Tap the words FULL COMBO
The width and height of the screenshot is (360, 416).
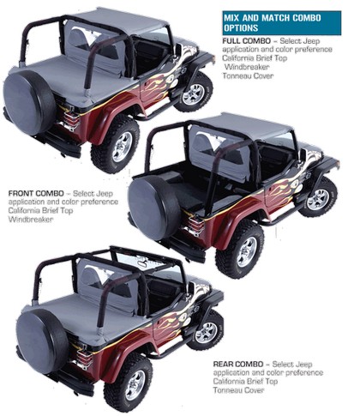pos(246,40)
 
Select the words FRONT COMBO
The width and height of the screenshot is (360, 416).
pos(36,193)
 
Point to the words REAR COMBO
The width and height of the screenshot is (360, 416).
pos(238,364)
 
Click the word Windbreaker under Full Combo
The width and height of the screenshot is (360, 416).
pos(247,67)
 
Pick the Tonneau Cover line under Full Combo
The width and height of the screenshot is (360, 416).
pos(248,75)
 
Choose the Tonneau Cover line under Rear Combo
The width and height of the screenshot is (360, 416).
pos(238,390)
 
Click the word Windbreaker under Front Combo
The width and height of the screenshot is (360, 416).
pos(31,220)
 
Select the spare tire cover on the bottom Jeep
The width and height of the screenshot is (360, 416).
pos(42,341)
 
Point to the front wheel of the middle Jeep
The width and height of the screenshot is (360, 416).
pos(319,198)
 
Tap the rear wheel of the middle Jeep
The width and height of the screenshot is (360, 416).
pos(242,250)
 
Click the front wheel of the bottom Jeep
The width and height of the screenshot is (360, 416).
pos(206,331)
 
